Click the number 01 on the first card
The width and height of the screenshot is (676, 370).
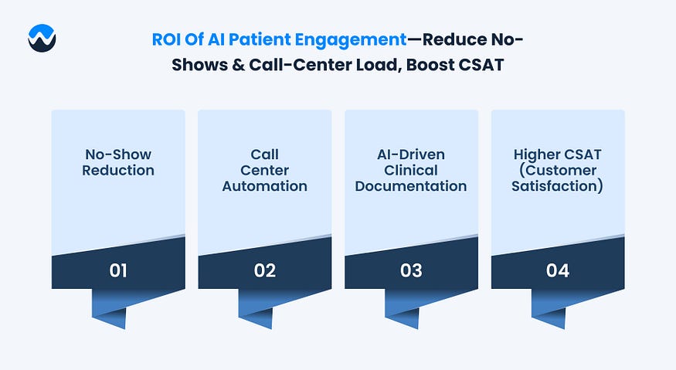(x=118, y=270)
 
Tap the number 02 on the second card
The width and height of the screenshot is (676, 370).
(x=264, y=270)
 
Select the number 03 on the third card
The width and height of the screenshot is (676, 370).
(x=411, y=270)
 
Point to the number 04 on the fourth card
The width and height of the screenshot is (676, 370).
(x=558, y=270)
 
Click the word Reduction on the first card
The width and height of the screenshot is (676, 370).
(x=118, y=170)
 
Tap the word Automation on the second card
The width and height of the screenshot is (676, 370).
(x=265, y=186)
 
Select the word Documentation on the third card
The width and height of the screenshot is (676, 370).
(x=411, y=186)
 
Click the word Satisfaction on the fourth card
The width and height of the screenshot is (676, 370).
(x=558, y=186)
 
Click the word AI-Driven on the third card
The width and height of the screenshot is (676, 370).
(x=411, y=154)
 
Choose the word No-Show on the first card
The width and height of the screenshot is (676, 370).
(x=118, y=154)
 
